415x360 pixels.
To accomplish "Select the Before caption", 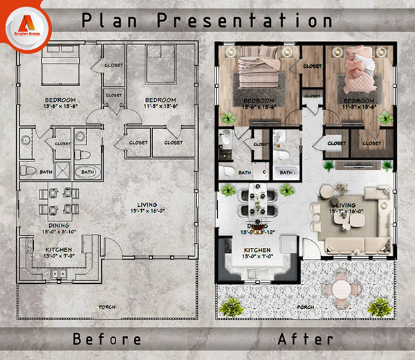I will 108,339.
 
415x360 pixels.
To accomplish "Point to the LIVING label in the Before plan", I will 147,204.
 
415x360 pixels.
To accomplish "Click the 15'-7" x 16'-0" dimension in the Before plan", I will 147,210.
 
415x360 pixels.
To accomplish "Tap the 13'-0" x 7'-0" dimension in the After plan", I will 257,255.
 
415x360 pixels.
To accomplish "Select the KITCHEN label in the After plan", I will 257,249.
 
